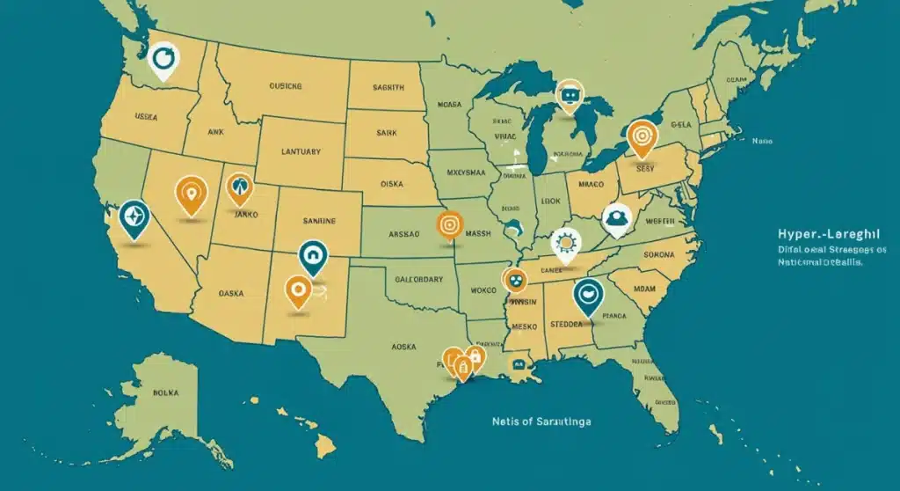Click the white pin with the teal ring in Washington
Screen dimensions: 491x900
click(x=163, y=60)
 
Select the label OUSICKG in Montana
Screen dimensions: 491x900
click(x=285, y=87)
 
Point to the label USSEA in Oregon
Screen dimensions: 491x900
click(x=146, y=115)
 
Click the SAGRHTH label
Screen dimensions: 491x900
click(x=388, y=88)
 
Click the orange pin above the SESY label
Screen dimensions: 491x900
click(x=642, y=136)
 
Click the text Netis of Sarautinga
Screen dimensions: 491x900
click(x=541, y=421)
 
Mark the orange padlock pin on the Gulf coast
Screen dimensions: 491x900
click(x=475, y=357)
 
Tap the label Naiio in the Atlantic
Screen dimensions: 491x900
click(x=761, y=141)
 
